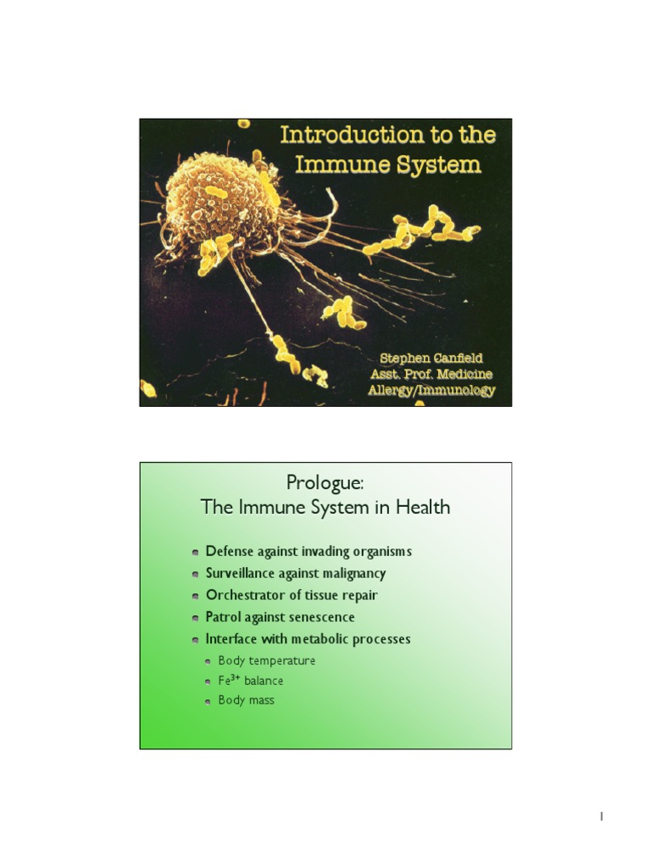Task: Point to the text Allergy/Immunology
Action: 431,390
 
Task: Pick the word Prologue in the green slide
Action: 325,483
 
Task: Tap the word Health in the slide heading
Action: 424,508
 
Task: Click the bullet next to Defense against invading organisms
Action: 195,552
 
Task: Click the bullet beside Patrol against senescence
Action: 195,618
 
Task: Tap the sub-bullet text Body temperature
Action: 266,660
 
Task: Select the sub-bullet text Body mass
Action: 246,700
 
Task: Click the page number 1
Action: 601,816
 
